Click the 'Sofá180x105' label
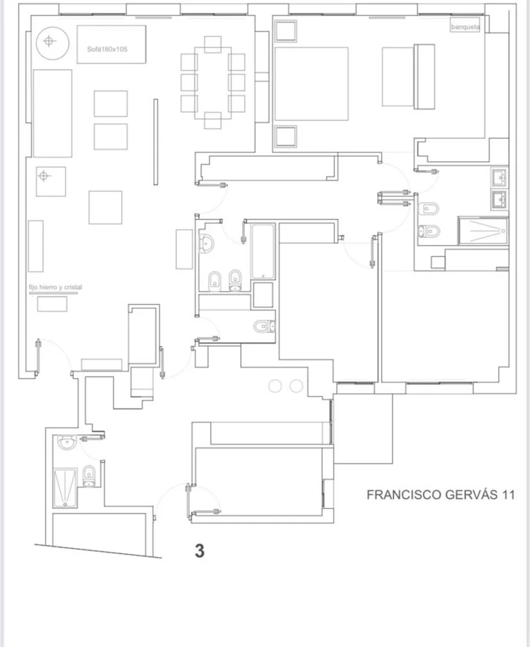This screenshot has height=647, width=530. click(107, 49)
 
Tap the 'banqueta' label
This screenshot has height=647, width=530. click(465, 27)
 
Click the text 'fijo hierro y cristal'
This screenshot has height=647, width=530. click(55, 287)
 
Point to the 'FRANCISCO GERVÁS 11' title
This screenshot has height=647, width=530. click(441, 494)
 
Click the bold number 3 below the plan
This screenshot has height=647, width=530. click(199, 551)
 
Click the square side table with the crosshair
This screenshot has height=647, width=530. click(51, 182)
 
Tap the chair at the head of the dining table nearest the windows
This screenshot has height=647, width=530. click(212, 44)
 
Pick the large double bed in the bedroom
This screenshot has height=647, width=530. click(312, 84)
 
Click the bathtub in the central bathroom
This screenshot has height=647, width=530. click(263, 252)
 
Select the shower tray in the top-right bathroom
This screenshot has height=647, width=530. click(483, 231)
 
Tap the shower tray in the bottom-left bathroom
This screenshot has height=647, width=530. click(65, 487)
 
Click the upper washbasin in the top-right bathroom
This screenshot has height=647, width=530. click(500, 177)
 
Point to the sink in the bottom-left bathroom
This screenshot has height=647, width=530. click(67, 443)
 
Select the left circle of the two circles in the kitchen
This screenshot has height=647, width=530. click(275, 386)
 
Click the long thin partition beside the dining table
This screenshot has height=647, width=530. click(155, 142)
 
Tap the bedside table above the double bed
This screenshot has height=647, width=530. click(286, 31)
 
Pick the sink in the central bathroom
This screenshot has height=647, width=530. click(206, 243)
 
